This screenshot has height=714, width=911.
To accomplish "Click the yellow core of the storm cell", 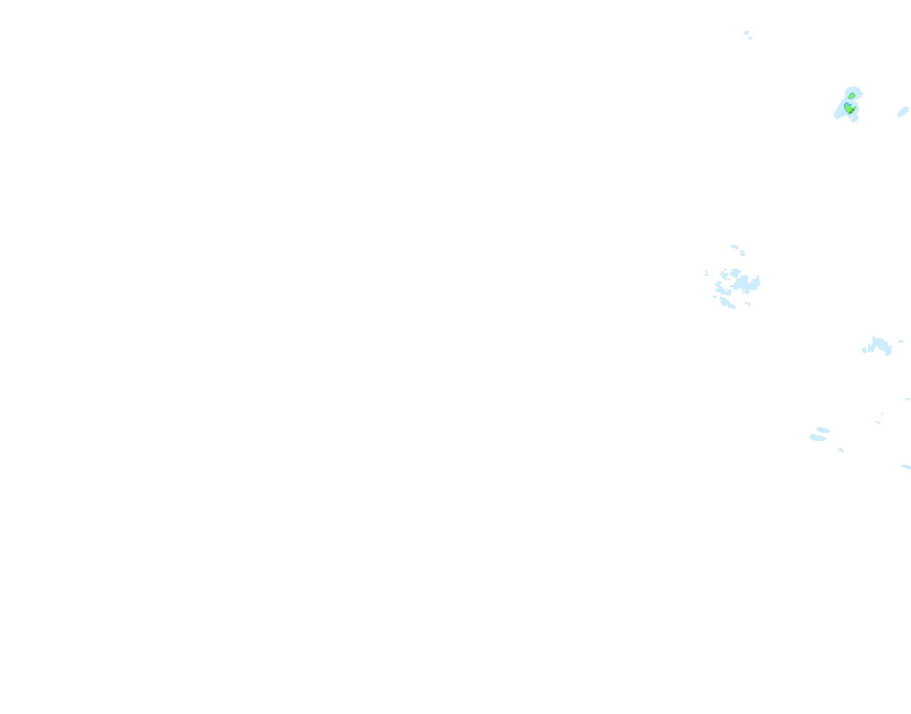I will pyautogui.click(x=852, y=111).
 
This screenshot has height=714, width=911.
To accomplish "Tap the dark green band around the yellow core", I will pyautogui.click(x=850, y=112).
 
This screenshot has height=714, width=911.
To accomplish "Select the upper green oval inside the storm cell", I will pyautogui.click(x=851, y=96).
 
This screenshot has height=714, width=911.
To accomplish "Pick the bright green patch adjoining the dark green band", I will pyautogui.click(x=847, y=108).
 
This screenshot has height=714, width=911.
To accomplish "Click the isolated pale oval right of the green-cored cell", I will pyautogui.click(x=903, y=111).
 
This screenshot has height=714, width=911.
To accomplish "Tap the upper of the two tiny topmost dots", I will pyautogui.click(x=746, y=33).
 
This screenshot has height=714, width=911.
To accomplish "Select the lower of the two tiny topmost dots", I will pyautogui.click(x=750, y=38).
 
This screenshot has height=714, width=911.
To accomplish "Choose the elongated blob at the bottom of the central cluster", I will pyautogui.click(x=727, y=303).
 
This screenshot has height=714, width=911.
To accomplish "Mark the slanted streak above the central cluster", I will pyautogui.click(x=735, y=247).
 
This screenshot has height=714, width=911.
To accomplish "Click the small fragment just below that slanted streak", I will pyautogui.click(x=742, y=253).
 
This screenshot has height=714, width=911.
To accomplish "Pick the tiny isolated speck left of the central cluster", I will pyautogui.click(x=706, y=274).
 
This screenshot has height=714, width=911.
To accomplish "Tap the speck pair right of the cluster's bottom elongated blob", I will pyautogui.click(x=748, y=303).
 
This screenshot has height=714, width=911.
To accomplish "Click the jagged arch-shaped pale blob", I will pyautogui.click(x=878, y=345).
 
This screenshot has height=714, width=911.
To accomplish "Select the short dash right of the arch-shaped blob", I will pyautogui.click(x=901, y=341).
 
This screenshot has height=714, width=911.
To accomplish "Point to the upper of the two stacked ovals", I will pyautogui.click(x=822, y=430).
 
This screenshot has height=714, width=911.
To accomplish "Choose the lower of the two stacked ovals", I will pyautogui.click(x=818, y=438).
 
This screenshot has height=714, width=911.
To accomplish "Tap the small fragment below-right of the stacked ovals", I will pyautogui.click(x=841, y=450).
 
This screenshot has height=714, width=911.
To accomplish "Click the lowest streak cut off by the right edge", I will pyautogui.click(x=906, y=467).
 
